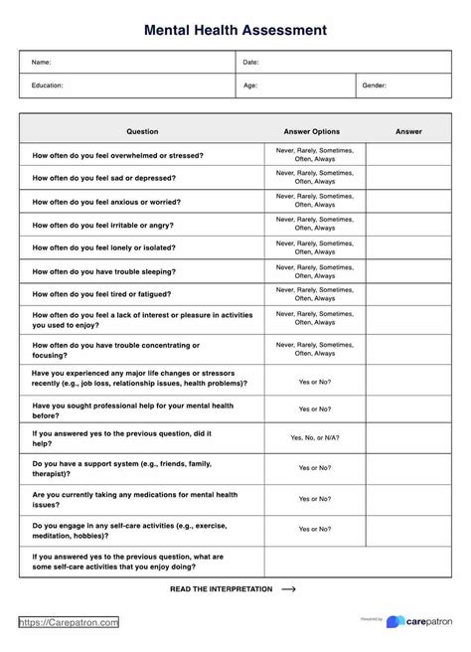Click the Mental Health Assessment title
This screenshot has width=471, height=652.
[235, 30]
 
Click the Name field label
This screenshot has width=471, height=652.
[41, 63]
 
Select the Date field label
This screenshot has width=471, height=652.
[250, 63]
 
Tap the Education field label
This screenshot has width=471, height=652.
[48, 85]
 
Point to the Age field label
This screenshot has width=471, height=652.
[250, 85]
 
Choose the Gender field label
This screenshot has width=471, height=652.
[375, 85]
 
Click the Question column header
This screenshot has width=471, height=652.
[142, 131]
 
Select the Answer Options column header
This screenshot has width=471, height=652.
[312, 131]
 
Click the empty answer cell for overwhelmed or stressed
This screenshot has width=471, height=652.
[408, 155]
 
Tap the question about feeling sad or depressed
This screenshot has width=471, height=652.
[104, 178]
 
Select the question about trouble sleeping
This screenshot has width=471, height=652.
[104, 270]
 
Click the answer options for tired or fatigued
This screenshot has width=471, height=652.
[314, 293]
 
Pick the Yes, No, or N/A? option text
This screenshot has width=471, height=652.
[314, 437]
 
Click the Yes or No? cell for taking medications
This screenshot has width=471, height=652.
[314, 499]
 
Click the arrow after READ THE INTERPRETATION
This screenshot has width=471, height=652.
[289, 588]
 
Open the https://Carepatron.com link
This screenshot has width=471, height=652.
[70, 622]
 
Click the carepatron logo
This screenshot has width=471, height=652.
[423, 621]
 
